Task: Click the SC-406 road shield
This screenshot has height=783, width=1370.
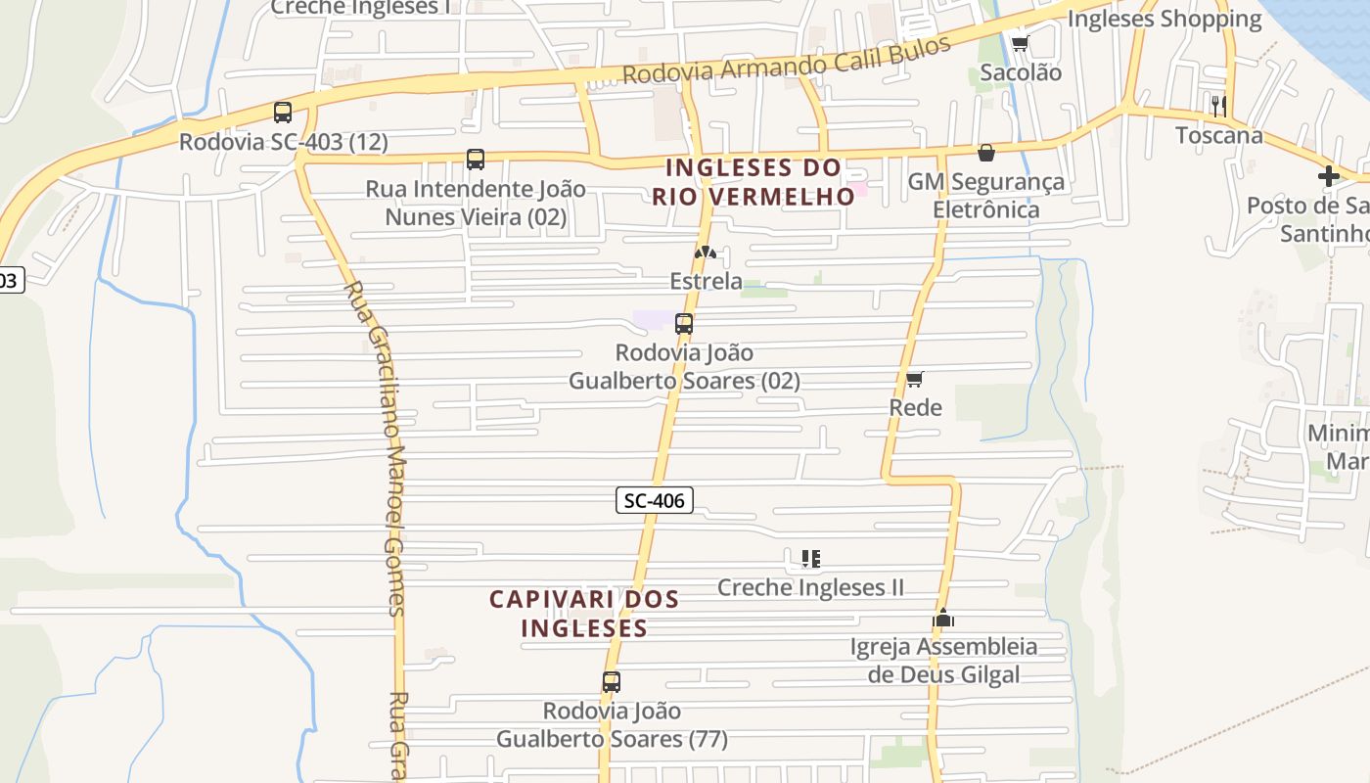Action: [655, 501]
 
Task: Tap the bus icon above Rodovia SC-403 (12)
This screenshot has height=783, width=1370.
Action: [283, 113]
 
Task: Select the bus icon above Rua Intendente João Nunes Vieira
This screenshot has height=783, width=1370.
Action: [476, 160]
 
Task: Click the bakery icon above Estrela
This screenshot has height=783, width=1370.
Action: [706, 253]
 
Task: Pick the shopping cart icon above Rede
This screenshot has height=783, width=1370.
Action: [914, 379]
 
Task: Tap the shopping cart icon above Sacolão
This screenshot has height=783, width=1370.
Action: [1020, 43]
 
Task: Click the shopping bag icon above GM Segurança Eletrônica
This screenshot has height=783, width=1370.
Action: [986, 153]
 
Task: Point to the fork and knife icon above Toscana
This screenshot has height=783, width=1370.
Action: [1218, 106]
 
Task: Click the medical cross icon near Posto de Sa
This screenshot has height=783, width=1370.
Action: [1328, 176]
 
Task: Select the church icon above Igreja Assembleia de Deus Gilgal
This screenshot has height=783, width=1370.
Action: [943, 618]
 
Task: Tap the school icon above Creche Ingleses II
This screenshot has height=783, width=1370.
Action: [810, 559]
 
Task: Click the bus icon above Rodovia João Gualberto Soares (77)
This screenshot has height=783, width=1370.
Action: [612, 682]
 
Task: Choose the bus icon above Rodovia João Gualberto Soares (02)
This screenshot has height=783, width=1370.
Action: [684, 324]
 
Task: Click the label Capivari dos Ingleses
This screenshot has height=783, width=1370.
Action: [584, 614]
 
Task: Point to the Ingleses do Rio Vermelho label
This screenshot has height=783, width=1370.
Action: [753, 182]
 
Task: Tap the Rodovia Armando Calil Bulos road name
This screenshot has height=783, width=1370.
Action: [787, 61]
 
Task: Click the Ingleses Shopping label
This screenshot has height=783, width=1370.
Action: [1164, 19]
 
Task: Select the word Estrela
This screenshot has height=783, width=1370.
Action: [706, 282]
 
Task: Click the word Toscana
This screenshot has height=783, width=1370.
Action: [1218, 136]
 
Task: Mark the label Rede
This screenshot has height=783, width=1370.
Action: [915, 408]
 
